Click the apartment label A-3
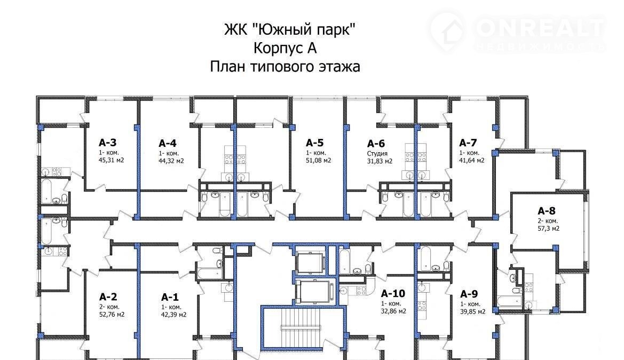(x=107, y=143)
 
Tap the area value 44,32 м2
(x=171, y=161)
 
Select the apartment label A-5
(x=315, y=143)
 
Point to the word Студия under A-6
(x=377, y=153)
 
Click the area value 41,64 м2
(x=472, y=160)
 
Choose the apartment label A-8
(x=547, y=210)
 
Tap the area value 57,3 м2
(x=549, y=229)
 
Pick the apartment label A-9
(x=469, y=294)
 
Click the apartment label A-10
(x=393, y=293)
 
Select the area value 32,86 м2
(x=393, y=311)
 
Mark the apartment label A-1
(x=170, y=297)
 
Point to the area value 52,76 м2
(x=112, y=315)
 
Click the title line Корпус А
(x=285, y=48)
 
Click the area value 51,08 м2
(x=318, y=160)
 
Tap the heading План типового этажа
(x=285, y=67)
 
